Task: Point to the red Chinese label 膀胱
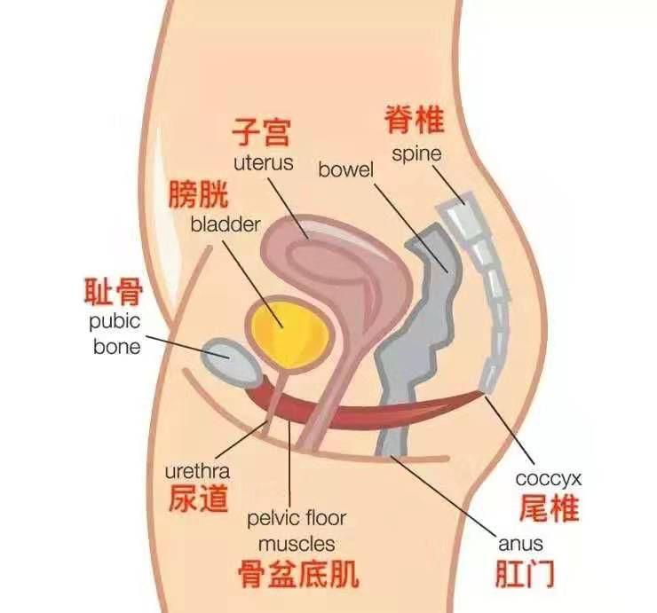pyautogui.click(x=198, y=193)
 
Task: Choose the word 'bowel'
pyautogui.click(x=346, y=169)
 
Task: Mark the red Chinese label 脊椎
pyautogui.click(x=414, y=118)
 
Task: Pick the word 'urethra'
pyautogui.click(x=197, y=473)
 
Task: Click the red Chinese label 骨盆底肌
pyautogui.click(x=298, y=574)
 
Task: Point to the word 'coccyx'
pyautogui.click(x=549, y=479)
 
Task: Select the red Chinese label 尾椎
pyautogui.click(x=549, y=509)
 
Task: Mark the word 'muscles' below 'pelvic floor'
pyautogui.click(x=297, y=542)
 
